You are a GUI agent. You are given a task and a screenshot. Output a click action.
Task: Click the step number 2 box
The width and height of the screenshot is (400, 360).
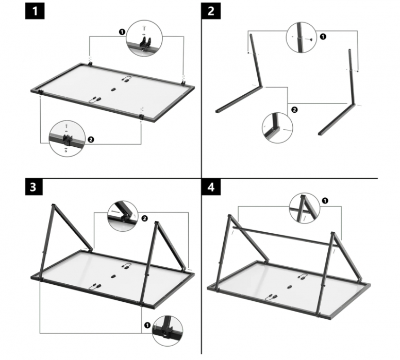click(x=211, y=11)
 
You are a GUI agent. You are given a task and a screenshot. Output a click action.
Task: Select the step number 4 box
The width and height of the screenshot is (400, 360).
click(x=211, y=186)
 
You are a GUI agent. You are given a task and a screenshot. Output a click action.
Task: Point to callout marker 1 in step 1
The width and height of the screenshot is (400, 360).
click(x=122, y=32)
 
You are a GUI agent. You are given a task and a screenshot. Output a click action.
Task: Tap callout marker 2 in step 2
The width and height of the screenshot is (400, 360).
click(x=293, y=109)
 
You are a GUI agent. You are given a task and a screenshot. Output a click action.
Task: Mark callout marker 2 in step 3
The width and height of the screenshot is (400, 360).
click(x=144, y=218)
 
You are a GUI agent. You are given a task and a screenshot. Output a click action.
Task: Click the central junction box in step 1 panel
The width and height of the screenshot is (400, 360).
click(x=113, y=89)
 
